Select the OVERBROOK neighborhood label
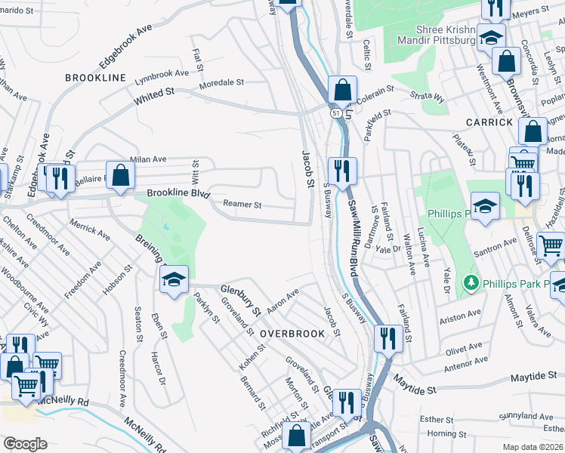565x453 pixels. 292,333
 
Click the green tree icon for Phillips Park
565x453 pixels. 471,282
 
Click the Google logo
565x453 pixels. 24,444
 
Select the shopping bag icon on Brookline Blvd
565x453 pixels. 120,176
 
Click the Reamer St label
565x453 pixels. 242,205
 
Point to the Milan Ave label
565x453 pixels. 149,159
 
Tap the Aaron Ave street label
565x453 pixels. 283,298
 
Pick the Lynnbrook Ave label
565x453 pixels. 162,75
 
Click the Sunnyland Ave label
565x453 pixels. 528,415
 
